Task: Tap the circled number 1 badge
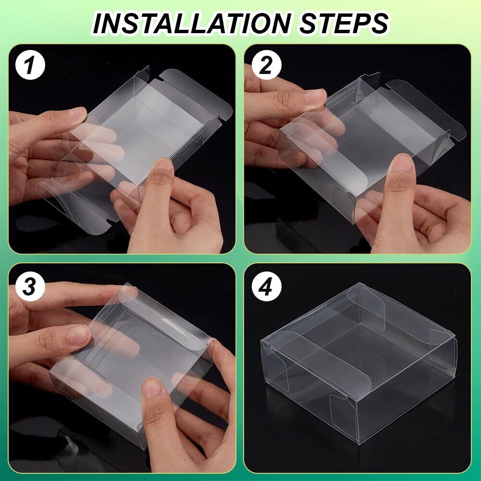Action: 30,65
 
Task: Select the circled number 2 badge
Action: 266,65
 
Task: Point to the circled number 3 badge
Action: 30,286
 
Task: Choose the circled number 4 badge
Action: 266,286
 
